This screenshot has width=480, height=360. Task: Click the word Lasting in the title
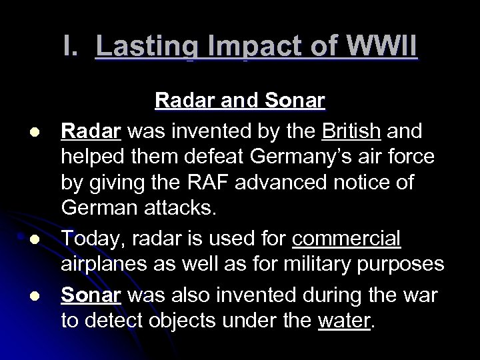tap(141, 49)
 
